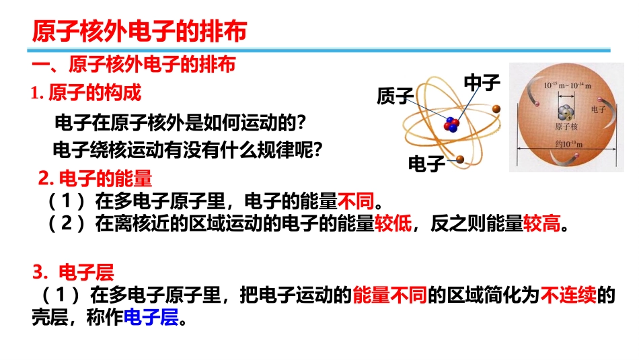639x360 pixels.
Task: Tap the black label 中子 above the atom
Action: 483,83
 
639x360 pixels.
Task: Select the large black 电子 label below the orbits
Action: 427,164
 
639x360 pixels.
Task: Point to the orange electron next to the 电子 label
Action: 461,159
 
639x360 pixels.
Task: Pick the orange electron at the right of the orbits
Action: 496,108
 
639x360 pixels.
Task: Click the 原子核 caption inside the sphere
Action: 564,126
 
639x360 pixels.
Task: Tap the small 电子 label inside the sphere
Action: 598,108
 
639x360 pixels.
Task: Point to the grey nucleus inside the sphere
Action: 564,112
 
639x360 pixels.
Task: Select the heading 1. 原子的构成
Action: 86,93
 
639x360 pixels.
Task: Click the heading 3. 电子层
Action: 75,273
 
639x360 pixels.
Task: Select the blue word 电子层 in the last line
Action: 151,318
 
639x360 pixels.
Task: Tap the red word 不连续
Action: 569,295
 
